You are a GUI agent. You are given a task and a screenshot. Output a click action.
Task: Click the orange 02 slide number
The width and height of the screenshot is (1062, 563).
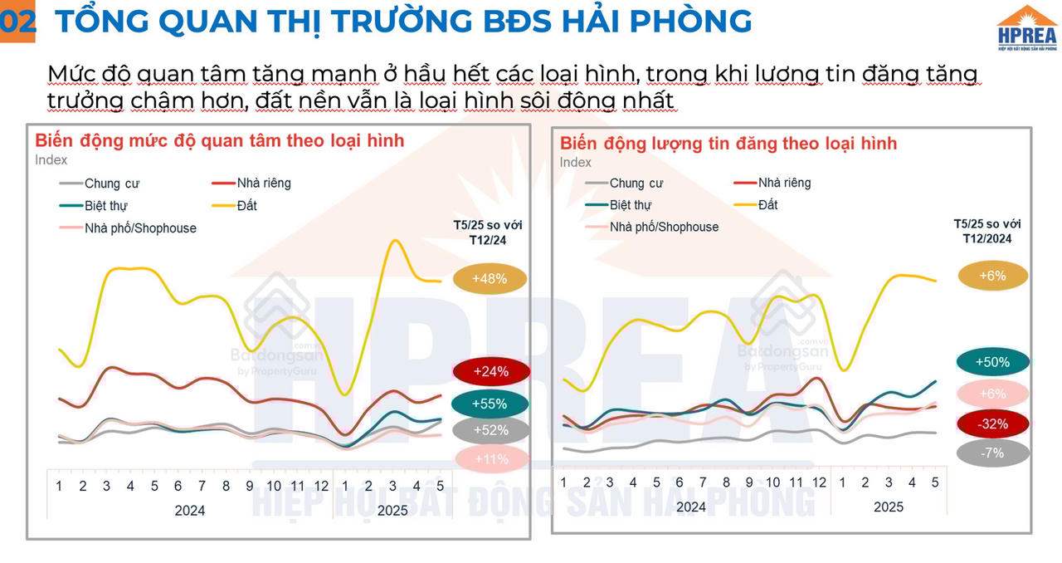point(17,22)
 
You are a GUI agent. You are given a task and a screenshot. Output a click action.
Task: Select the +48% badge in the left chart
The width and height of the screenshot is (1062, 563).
point(490,280)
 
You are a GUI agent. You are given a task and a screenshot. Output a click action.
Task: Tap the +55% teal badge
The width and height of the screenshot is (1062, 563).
point(490,404)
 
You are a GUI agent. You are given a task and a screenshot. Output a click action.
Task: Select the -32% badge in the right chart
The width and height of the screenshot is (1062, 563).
point(992,423)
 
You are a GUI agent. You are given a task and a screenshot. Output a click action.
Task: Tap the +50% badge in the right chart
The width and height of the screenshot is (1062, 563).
point(992,362)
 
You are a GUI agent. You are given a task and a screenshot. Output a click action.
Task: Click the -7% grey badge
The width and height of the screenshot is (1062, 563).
point(992,453)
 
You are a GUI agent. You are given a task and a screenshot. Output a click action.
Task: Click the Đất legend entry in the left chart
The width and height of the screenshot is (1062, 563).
point(246,205)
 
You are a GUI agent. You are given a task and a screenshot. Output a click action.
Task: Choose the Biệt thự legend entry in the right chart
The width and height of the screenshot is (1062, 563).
point(631,205)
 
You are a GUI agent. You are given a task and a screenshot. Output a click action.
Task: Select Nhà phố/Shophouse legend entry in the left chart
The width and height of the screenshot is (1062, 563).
point(140,228)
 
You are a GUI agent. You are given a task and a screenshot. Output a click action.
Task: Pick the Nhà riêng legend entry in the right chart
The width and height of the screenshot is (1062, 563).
point(784,183)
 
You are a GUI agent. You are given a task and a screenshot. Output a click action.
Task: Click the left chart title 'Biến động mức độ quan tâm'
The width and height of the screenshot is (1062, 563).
point(220,140)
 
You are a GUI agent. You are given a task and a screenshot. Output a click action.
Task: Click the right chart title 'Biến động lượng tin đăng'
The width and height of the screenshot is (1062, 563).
point(728,143)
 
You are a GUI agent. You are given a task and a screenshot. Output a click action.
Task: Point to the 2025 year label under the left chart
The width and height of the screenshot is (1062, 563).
point(392,510)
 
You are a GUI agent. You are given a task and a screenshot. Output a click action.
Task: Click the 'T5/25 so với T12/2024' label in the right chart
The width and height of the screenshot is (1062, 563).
point(986,231)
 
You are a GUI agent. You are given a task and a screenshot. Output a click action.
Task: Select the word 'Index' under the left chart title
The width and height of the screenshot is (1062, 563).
point(51,159)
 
